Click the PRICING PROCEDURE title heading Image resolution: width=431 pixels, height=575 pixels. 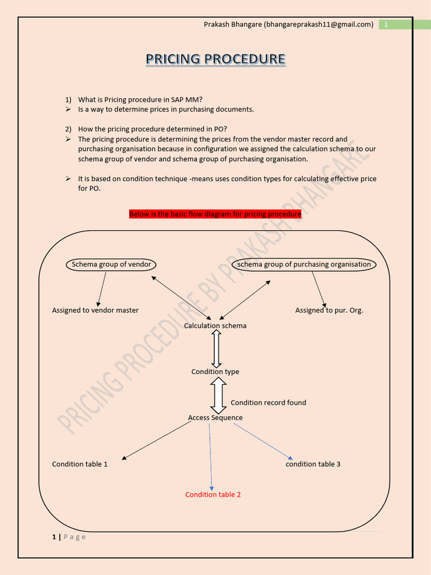(215, 59)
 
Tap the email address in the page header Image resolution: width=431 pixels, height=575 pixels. (318, 24)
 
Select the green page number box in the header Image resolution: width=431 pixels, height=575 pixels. (386, 24)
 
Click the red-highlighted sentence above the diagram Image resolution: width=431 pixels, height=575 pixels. (215, 214)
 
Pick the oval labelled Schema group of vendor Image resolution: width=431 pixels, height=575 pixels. (111, 264)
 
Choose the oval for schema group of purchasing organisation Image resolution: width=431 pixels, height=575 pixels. (304, 264)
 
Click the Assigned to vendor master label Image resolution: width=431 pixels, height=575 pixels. (95, 310)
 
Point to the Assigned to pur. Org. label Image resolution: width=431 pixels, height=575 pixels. (329, 310)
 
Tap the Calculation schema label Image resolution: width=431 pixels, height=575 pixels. (215, 326)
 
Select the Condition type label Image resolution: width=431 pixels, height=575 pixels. (215, 372)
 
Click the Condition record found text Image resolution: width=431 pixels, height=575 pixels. (268, 403)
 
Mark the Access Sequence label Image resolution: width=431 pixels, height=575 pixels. (215, 418)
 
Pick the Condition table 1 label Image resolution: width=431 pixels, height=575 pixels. (80, 464)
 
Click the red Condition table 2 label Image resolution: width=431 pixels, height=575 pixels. (213, 495)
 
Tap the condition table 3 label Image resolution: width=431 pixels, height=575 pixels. (313, 464)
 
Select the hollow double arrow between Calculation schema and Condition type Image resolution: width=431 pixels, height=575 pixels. (216, 349)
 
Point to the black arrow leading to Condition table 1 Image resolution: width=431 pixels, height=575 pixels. (157, 440)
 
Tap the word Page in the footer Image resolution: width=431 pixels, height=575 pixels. (74, 537)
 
